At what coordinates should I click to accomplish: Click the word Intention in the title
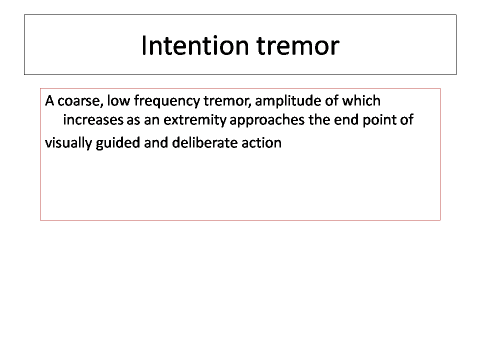point(195,45)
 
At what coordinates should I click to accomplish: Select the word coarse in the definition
point(80,101)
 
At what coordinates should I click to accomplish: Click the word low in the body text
point(118,100)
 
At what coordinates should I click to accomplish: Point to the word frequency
point(167,101)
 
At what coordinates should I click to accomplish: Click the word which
point(361,100)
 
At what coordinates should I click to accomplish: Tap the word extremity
point(195,120)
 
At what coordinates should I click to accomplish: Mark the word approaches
point(267,120)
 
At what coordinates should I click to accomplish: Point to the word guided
point(118,143)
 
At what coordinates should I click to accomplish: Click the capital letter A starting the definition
point(49,100)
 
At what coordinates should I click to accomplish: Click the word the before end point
point(319,119)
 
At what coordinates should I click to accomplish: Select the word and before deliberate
point(156,142)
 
